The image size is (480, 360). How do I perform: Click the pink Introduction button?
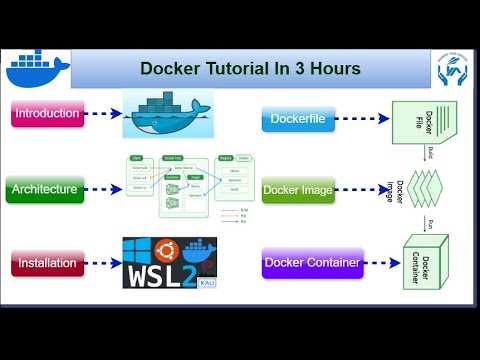(x=47, y=113)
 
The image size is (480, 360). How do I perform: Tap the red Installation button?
(x=47, y=264)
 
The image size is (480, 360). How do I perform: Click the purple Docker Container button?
(x=311, y=263)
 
